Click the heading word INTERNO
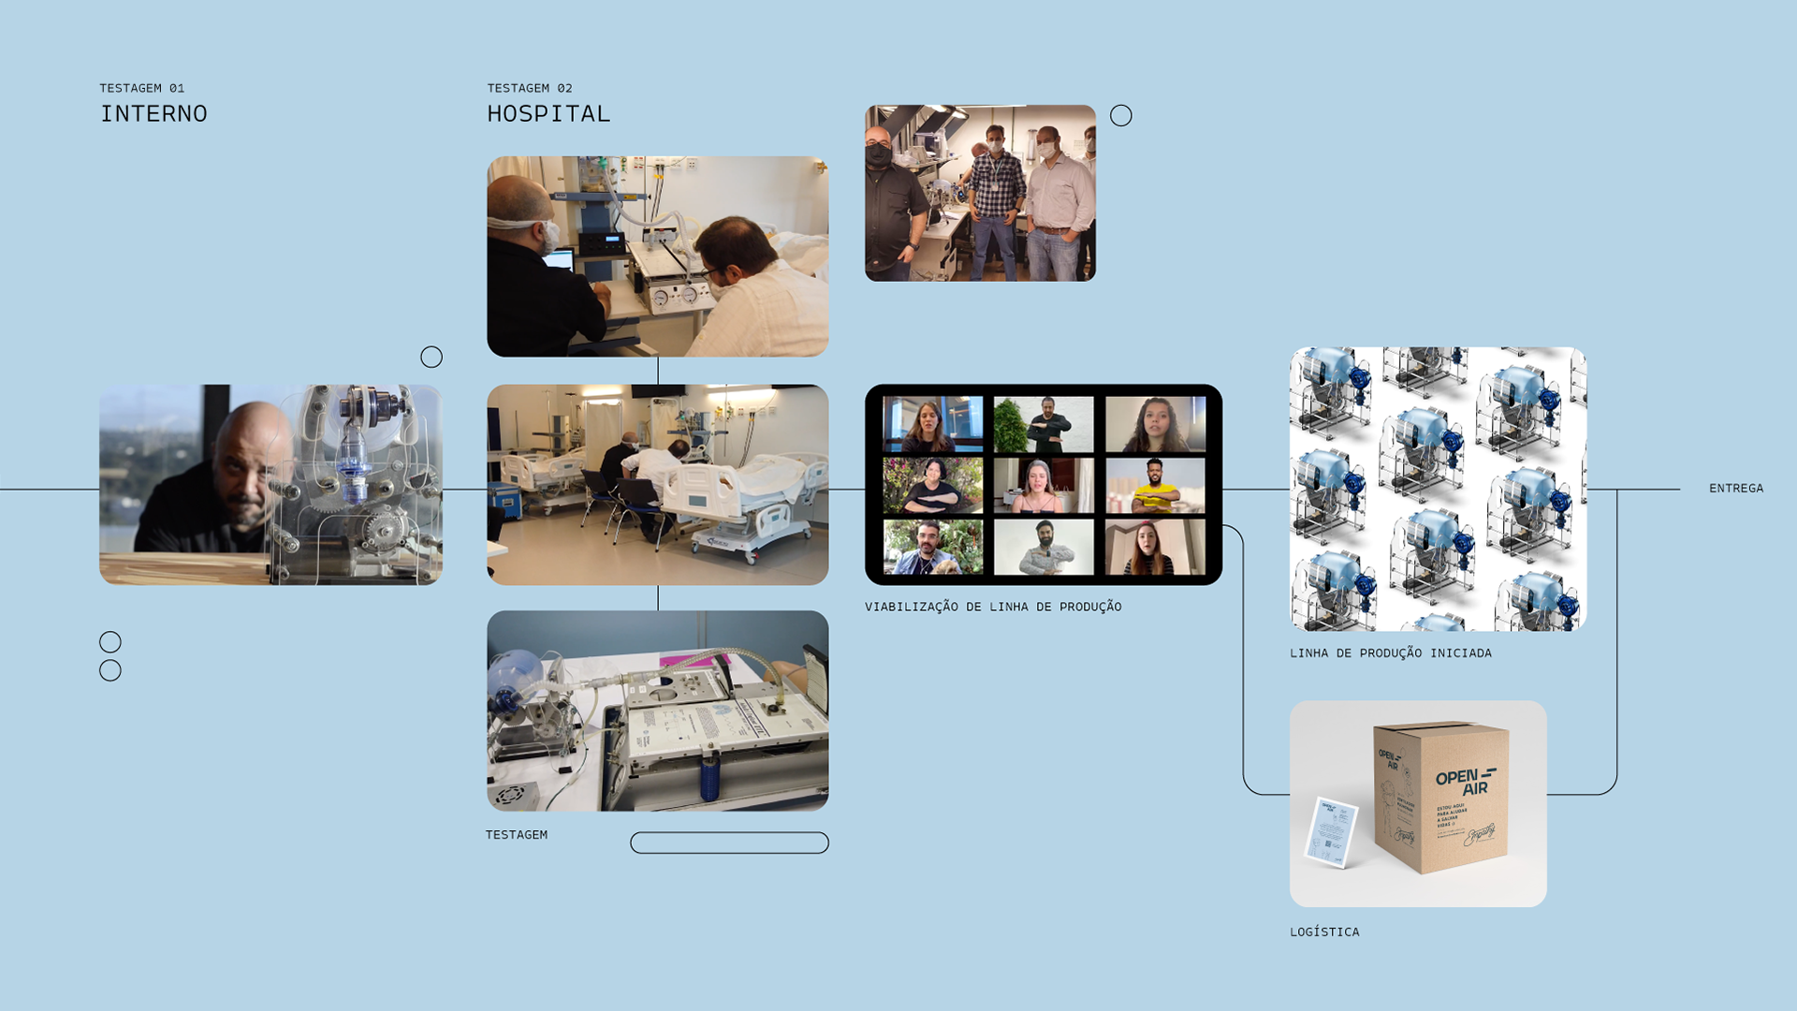(x=153, y=114)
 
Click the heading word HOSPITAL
(x=548, y=114)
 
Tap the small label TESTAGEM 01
(x=142, y=88)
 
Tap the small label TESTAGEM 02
(x=530, y=88)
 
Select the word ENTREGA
(x=1735, y=489)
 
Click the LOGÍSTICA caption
(x=1324, y=932)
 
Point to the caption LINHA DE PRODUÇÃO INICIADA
(x=1390, y=653)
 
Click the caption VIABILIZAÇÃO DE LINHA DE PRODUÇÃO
(x=993, y=608)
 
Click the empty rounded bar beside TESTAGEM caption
(x=729, y=843)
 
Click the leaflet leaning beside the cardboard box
(x=1330, y=831)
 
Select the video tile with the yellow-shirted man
(x=1155, y=486)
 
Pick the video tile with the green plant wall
(x=1044, y=425)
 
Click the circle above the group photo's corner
(x=1120, y=116)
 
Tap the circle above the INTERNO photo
(x=431, y=358)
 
